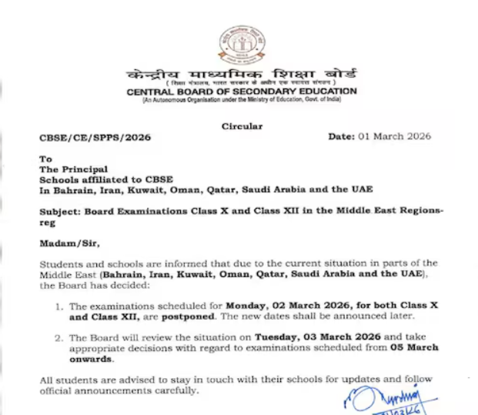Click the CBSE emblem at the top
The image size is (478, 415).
[242, 45]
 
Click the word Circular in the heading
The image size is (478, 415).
[242, 126]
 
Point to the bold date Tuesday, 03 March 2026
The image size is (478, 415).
[299, 337]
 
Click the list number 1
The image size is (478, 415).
[58, 306]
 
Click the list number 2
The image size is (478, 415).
[58, 337]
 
